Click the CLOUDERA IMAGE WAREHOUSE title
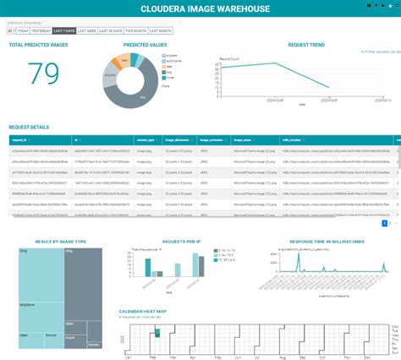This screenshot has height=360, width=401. (200, 8)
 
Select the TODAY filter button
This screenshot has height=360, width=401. (22, 30)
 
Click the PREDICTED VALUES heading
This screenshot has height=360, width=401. (145, 43)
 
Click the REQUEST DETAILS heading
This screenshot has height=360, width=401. (29, 127)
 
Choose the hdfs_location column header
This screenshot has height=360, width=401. (296, 140)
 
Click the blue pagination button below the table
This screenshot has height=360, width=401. (385, 224)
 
